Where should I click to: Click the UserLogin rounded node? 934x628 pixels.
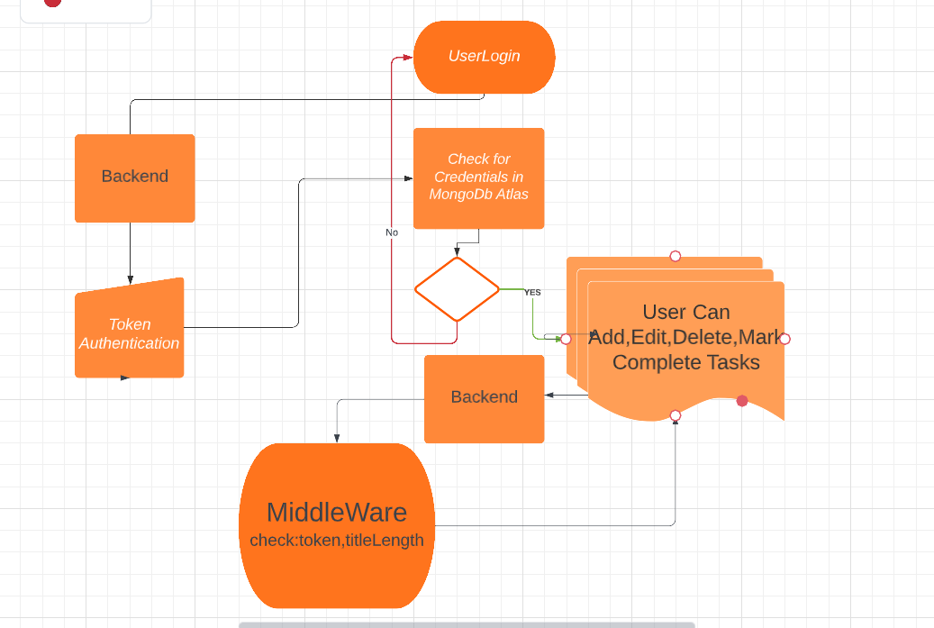pos(484,56)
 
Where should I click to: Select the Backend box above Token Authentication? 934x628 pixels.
pos(134,177)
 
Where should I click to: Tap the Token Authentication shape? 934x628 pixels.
pos(129,332)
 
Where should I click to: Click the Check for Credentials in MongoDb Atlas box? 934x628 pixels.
pos(478,177)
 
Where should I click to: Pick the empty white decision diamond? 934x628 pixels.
pos(457,289)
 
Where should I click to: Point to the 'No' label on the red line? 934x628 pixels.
pos(392,232)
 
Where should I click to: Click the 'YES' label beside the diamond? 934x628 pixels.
pos(532,292)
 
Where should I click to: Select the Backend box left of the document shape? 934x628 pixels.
pos(484,397)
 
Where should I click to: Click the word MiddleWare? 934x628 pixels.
pos(336,512)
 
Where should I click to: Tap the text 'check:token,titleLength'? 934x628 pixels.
pos(336,541)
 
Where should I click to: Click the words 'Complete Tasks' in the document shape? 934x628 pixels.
pos(685,362)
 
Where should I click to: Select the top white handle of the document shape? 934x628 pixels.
pos(676,257)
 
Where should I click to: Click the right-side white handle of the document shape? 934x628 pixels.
pos(784,339)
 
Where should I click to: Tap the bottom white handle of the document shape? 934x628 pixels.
pos(676,415)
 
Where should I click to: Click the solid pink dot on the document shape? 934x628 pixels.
pos(742,401)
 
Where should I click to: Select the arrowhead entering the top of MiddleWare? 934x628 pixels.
pos(337,438)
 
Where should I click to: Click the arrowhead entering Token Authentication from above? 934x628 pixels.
pos(130,280)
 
